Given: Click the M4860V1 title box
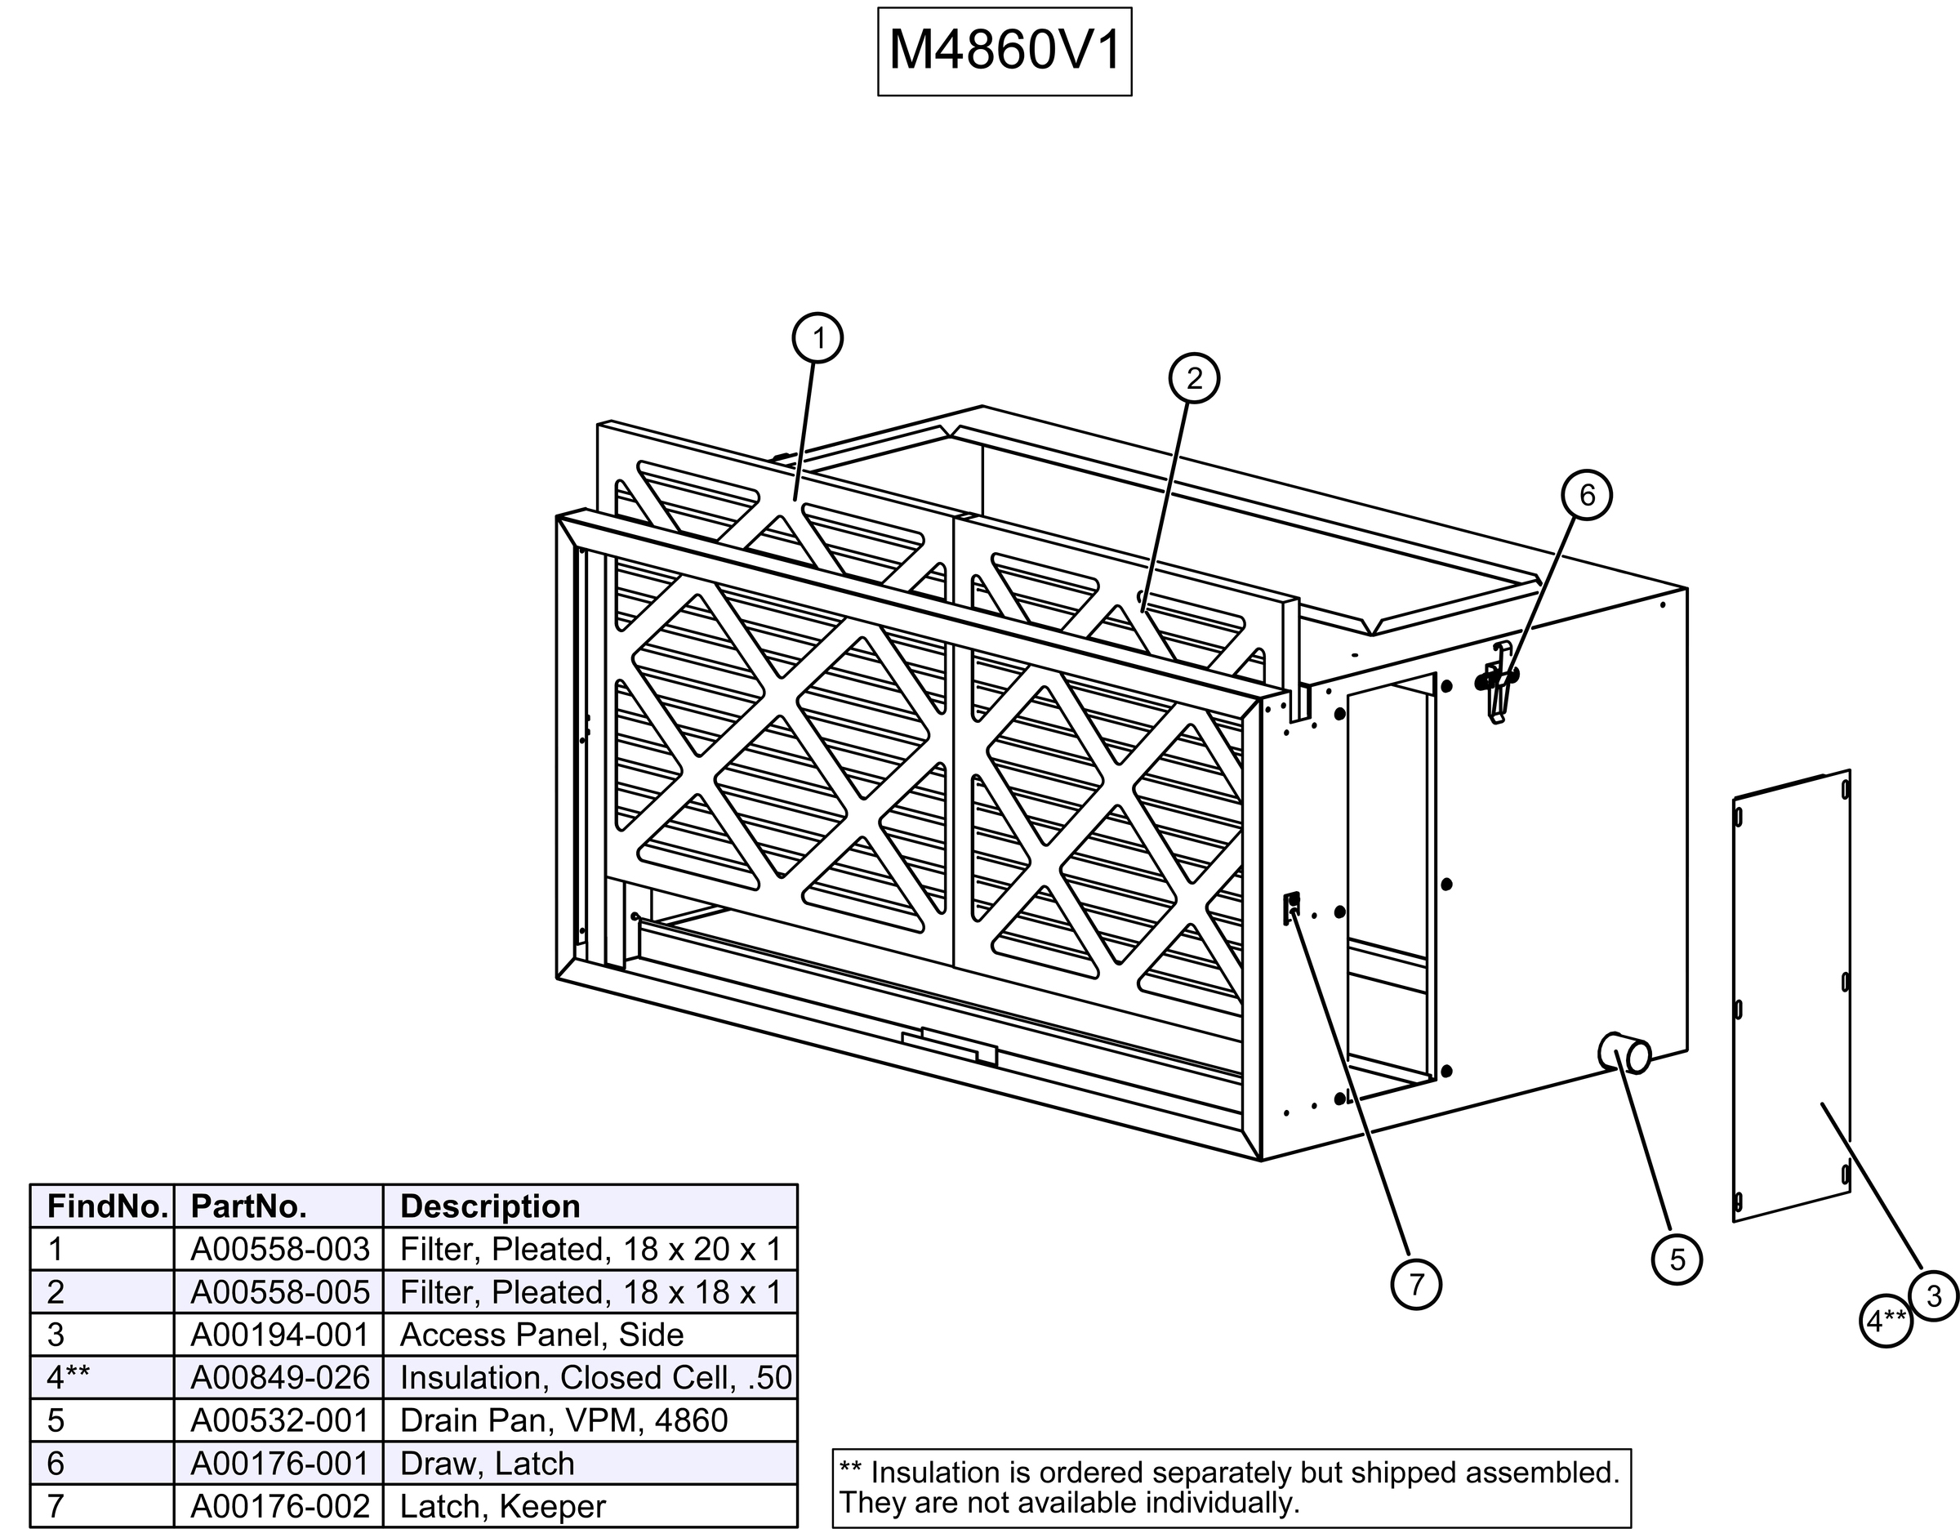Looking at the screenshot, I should click(x=1004, y=51).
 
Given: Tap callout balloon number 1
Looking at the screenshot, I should click(x=817, y=338).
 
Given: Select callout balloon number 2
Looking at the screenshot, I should click(x=1194, y=379).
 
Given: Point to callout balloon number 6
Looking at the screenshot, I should click(x=1587, y=495).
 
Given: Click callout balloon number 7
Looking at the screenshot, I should click(x=1415, y=1284).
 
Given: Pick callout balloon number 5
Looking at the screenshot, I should click(x=1677, y=1259).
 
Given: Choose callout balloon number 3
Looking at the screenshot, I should click(x=1933, y=1295).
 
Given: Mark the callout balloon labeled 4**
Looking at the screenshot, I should click(x=1886, y=1321).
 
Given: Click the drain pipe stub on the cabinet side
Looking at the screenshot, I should click(x=1624, y=1054).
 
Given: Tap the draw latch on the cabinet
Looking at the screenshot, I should click(x=1497, y=681).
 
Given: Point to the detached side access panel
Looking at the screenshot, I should click(x=1790, y=996).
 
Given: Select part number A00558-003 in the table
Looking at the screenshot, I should click(x=280, y=1249).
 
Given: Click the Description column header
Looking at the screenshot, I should click(x=490, y=1207).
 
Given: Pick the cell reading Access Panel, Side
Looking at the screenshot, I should click(x=542, y=1335).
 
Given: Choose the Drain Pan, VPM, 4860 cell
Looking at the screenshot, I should click(x=563, y=1420).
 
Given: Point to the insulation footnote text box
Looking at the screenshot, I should click(x=1229, y=1487).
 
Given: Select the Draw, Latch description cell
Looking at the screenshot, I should click(x=487, y=1464).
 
